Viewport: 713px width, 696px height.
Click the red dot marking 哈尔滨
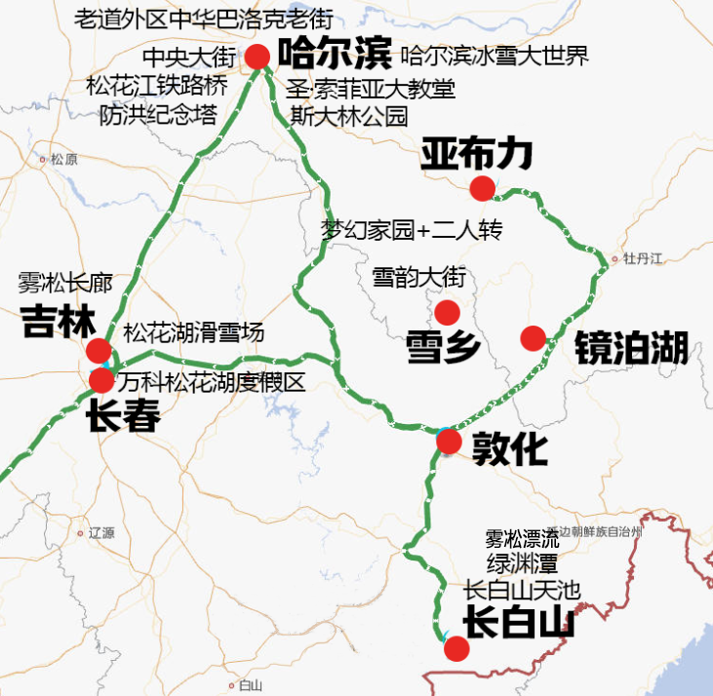pos(257,57)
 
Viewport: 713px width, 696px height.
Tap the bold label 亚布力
pos(477,153)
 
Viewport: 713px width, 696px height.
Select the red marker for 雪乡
pos(448,312)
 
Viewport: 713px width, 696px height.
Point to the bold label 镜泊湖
pos(631,347)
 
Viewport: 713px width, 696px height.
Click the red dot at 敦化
pos(449,443)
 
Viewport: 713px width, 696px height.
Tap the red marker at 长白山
pos(456,648)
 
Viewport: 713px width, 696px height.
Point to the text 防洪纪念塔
pos(158,115)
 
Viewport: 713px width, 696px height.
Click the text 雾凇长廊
pos(65,285)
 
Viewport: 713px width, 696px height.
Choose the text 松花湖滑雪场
pos(193,332)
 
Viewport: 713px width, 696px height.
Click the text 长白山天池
pos(521,589)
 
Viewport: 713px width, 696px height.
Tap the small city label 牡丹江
pos(643,258)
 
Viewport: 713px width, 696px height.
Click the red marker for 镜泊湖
pos(533,338)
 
